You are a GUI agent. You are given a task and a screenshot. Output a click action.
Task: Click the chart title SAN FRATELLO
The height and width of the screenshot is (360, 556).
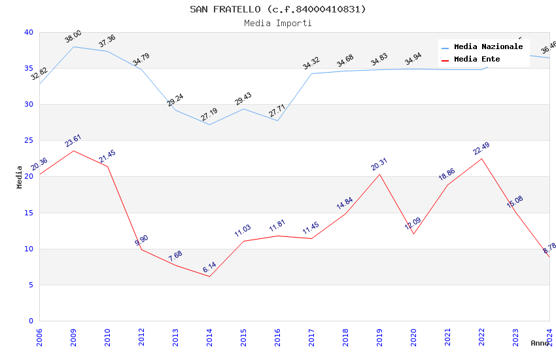point(278,9)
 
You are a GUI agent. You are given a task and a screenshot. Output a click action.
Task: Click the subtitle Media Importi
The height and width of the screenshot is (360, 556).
point(278,23)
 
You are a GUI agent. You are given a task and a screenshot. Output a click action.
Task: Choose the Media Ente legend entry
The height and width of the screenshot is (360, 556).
point(477,59)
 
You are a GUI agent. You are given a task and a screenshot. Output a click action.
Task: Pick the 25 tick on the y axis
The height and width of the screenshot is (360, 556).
point(29,141)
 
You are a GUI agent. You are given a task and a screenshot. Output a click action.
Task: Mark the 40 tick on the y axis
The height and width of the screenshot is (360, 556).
point(29,33)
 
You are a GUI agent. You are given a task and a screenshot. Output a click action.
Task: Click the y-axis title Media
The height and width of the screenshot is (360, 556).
point(20,177)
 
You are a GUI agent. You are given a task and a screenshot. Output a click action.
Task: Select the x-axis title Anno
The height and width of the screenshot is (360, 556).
point(540,343)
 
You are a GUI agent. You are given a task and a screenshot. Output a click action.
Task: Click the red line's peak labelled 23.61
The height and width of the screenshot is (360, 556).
point(73,151)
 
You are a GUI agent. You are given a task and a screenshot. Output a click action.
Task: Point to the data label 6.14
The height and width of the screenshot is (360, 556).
point(209,267)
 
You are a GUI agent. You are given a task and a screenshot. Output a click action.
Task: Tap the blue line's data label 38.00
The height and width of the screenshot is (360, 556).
point(73,37)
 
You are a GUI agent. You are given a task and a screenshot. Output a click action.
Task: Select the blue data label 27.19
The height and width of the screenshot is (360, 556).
point(209,115)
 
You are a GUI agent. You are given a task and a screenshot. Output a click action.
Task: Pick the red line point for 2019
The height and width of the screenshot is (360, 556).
point(379,174)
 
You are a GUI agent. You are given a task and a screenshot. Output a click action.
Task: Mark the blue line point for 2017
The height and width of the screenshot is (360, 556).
point(311,73)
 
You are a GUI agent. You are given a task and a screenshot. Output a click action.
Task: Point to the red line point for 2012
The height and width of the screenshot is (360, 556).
point(141,249)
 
